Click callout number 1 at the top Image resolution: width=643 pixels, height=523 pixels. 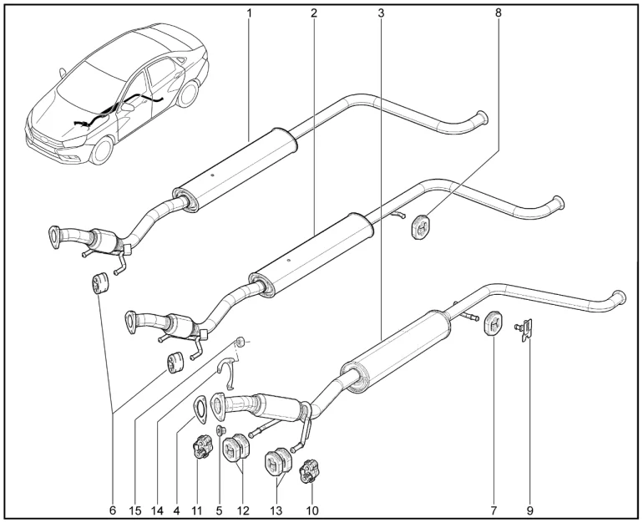pyautogui.click(x=249, y=13)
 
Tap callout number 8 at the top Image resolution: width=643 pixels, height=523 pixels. pyautogui.click(x=499, y=13)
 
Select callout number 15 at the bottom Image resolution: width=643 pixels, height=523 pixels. pyautogui.click(x=135, y=510)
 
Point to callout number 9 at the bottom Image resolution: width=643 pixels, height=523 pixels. pyautogui.click(x=529, y=510)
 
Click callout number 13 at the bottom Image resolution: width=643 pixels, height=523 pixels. pyautogui.click(x=276, y=510)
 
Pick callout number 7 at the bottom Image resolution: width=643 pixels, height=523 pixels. pyautogui.click(x=494, y=510)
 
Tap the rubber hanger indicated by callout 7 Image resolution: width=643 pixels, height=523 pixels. pyautogui.click(x=494, y=324)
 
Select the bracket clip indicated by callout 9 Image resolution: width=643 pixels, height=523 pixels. pyautogui.click(x=525, y=330)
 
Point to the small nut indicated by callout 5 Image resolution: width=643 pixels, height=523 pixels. pyautogui.click(x=221, y=430)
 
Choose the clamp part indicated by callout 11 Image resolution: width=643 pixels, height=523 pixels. pyautogui.click(x=202, y=447)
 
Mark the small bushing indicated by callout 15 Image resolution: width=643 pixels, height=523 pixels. pyautogui.click(x=240, y=341)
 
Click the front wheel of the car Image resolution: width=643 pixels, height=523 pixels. pyautogui.click(x=100, y=150)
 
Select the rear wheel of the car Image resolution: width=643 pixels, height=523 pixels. pyautogui.click(x=189, y=94)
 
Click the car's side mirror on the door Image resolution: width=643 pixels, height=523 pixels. pyautogui.click(x=128, y=107)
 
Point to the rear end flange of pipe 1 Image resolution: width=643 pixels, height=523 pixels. pyautogui.click(x=482, y=117)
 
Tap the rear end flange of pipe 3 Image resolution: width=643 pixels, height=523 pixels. pyautogui.click(x=620, y=297)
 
